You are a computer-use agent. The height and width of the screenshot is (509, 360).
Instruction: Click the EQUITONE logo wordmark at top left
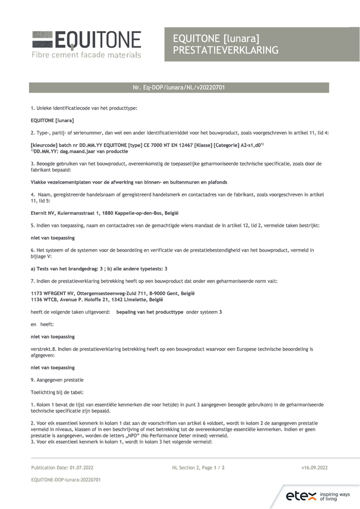97,40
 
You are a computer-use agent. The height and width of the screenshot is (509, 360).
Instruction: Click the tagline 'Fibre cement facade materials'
86,54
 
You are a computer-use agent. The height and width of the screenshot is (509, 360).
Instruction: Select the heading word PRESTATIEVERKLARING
226,50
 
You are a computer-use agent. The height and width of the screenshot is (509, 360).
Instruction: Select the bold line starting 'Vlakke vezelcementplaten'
129,182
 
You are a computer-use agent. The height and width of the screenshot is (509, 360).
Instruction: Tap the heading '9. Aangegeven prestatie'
57,380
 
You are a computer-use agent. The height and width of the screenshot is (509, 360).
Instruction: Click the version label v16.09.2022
314,467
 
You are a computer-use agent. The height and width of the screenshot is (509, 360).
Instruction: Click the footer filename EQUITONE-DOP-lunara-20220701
66,479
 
